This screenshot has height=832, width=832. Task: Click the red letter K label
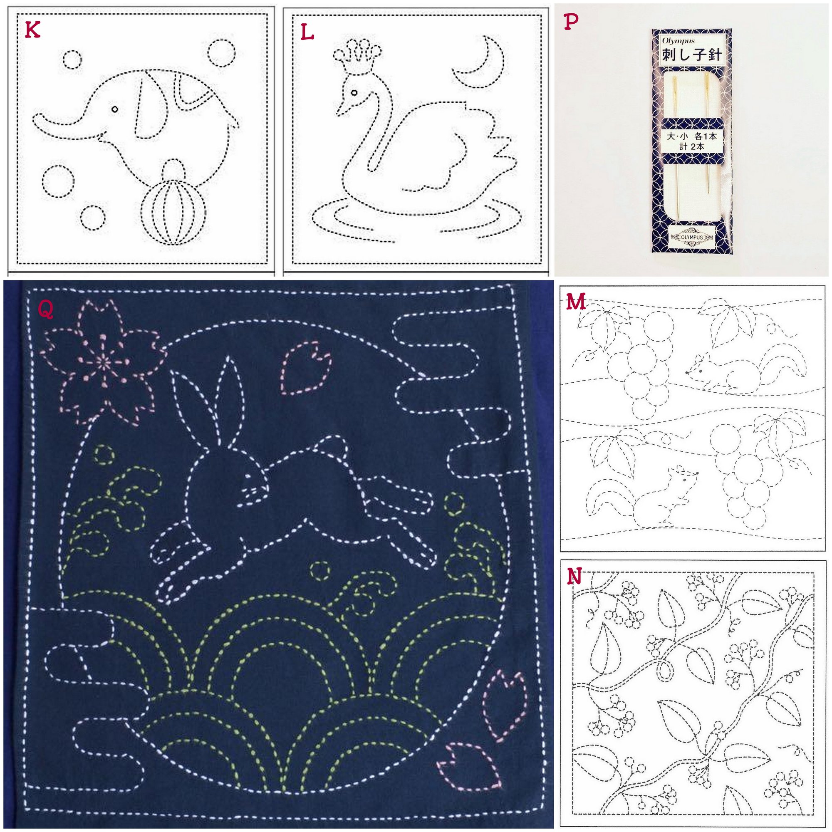33,30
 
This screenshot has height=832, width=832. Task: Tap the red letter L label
307,32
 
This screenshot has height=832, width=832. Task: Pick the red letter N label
574,577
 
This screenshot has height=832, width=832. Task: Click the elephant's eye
114,109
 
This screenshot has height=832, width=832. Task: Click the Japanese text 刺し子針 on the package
692,54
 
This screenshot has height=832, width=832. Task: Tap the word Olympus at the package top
676,41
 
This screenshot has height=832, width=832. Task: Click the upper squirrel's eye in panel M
701,370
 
